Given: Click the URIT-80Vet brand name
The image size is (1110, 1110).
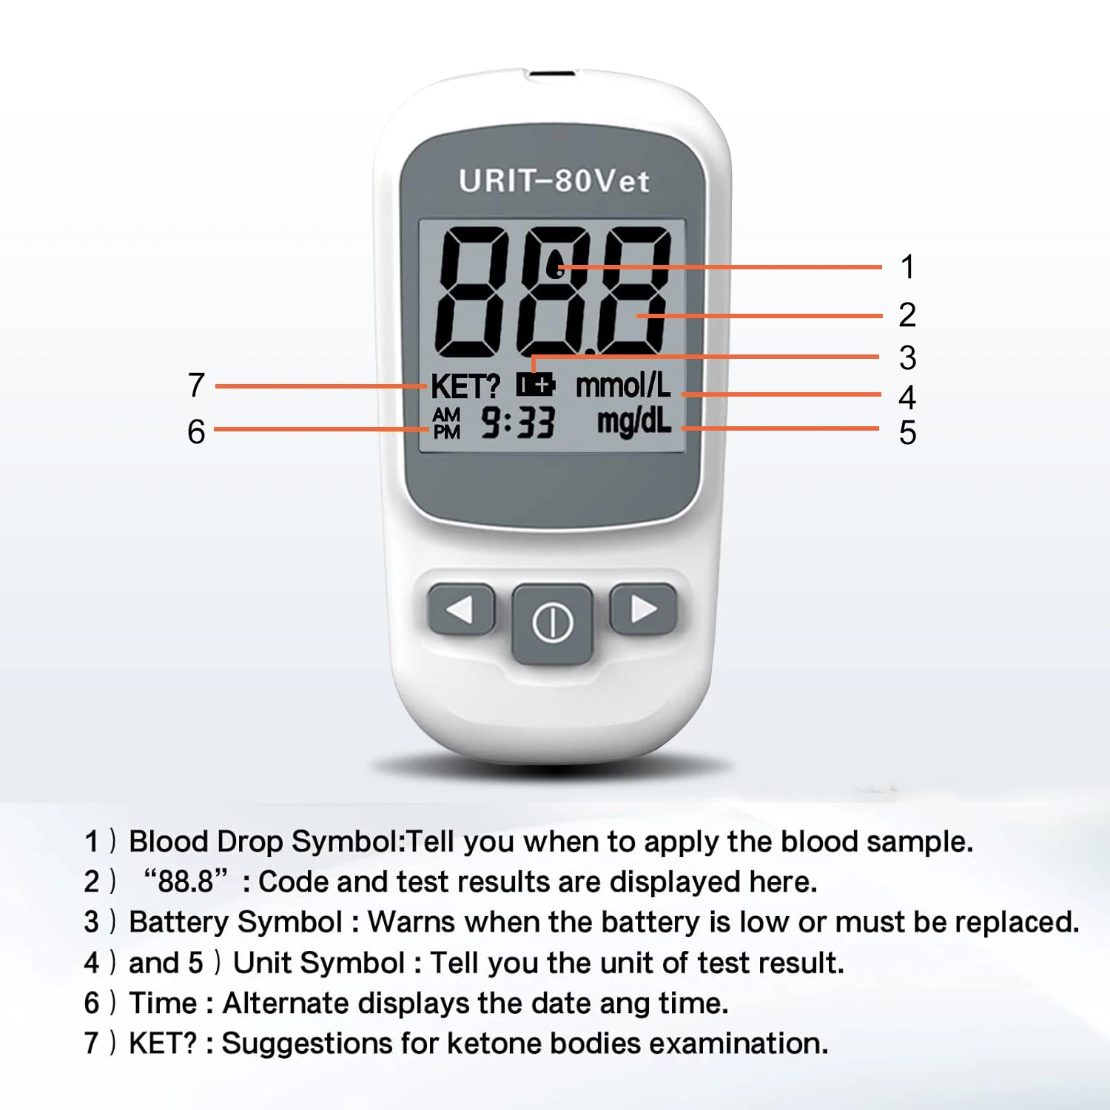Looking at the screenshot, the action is pyautogui.click(x=554, y=181).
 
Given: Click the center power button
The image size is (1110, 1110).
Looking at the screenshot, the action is pyautogui.click(x=553, y=623).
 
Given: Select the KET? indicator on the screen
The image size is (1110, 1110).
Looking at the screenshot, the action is pyautogui.click(x=465, y=386).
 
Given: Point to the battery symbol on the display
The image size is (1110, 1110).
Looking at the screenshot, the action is pyautogui.click(x=536, y=385).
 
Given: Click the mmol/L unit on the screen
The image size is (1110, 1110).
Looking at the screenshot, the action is pyautogui.click(x=623, y=385).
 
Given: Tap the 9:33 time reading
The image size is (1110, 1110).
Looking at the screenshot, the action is pyautogui.click(x=517, y=423).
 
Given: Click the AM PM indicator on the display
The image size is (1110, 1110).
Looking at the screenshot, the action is pyautogui.click(x=446, y=423).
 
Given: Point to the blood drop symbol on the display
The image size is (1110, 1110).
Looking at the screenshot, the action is pyautogui.click(x=554, y=265).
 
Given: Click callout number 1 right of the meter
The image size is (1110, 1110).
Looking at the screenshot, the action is pyautogui.click(x=907, y=267).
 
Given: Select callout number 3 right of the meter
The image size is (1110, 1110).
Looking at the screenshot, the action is pyautogui.click(x=907, y=358).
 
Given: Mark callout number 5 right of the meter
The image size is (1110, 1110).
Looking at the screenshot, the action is pyautogui.click(x=907, y=433).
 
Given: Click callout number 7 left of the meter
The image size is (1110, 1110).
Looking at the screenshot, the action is pyautogui.click(x=196, y=385).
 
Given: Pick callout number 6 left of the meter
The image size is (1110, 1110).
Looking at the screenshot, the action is pyautogui.click(x=196, y=431).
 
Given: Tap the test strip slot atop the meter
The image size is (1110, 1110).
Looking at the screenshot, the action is pyautogui.click(x=551, y=74).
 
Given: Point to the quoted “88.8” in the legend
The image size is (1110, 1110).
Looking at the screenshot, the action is pyautogui.click(x=186, y=881).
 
